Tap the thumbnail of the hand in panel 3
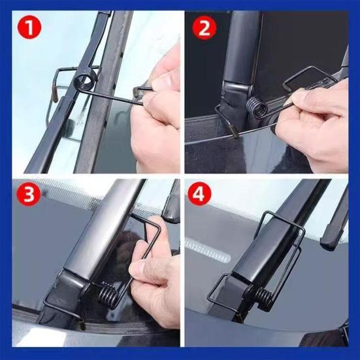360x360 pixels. point(137,267)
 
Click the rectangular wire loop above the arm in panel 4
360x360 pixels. point(281,222)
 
